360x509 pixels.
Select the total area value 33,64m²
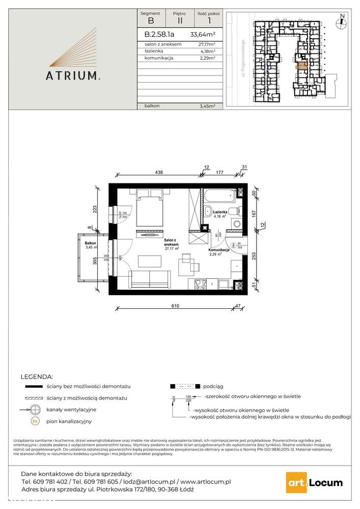[202, 35]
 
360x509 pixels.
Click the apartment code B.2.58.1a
[160, 35]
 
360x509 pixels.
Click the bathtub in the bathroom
[220, 195]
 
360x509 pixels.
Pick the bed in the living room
[150, 210]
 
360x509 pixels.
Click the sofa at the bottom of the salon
[151, 280]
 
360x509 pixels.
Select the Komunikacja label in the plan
[217, 251]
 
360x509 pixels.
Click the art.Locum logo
[313, 483]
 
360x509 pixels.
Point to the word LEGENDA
[37, 377]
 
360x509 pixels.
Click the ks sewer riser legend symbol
[35, 421]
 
